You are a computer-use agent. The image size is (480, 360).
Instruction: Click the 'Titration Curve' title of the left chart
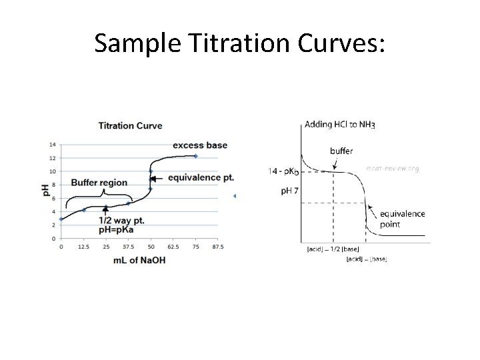coord(130,125)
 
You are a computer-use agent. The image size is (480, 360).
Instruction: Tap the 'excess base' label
coord(200,145)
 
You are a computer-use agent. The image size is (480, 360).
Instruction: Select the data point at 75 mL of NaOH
coord(195,156)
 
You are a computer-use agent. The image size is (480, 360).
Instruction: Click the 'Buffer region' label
coord(98,183)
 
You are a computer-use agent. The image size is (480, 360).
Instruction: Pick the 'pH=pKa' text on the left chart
coord(121,229)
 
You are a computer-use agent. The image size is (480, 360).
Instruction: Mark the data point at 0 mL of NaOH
coord(61,219)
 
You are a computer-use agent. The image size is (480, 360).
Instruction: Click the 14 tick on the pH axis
coord(53,144)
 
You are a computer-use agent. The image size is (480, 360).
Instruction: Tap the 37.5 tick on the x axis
coord(129,246)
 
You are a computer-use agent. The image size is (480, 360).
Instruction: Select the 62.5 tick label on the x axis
coord(173,246)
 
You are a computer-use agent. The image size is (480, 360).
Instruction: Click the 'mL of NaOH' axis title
coord(139,259)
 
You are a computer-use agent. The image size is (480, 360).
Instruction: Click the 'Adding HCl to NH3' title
coord(340,124)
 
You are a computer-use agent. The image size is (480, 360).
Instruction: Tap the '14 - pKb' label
coord(283,171)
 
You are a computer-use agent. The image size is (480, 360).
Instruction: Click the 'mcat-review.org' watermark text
coord(393,169)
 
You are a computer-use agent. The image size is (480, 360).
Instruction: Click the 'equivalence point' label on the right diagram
coord(402,219)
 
